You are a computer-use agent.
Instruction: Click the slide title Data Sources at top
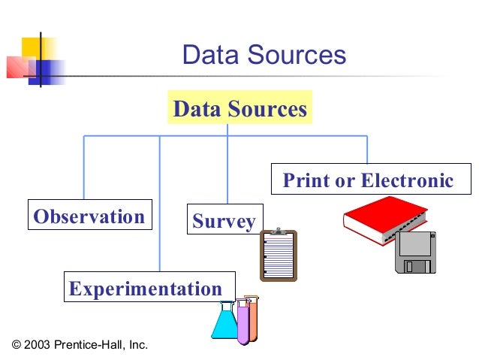264,56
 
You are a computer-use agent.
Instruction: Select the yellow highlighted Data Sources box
239,109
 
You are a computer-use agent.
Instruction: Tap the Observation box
89,217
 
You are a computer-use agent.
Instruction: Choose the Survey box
224,221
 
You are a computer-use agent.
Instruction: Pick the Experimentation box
146,288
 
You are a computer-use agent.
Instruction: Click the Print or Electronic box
367,181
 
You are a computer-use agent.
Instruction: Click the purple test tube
243,323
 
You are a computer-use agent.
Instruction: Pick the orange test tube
252,318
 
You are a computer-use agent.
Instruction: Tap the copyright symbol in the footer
17,345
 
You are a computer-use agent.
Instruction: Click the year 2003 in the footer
38,345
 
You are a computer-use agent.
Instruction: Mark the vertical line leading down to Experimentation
159,203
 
